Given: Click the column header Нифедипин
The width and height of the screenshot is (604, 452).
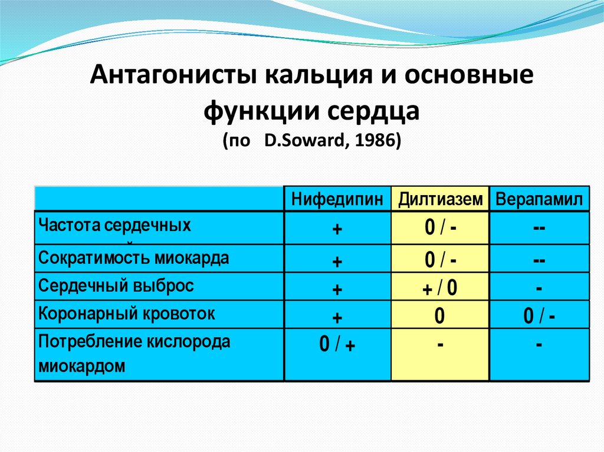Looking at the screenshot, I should (337, 200).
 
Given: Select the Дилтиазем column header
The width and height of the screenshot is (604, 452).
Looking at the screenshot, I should (439, 200).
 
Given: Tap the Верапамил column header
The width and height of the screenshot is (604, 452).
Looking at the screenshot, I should (539, 200).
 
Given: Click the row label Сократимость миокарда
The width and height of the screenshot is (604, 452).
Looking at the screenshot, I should (134, 259).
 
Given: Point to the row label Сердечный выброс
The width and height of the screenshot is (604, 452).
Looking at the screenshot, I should (116, 286).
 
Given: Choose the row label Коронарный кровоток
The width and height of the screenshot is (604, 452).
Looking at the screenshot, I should (126, 314).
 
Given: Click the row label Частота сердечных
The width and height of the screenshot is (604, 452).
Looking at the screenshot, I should (114, 226).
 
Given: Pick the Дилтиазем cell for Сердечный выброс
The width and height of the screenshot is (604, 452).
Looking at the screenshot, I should (439, 289).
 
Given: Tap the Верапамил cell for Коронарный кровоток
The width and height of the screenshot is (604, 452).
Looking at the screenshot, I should (539, 317).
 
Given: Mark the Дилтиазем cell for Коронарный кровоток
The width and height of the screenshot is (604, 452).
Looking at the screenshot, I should (439, 317).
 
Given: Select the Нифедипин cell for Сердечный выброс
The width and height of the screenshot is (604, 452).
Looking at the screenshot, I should (337, 289).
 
